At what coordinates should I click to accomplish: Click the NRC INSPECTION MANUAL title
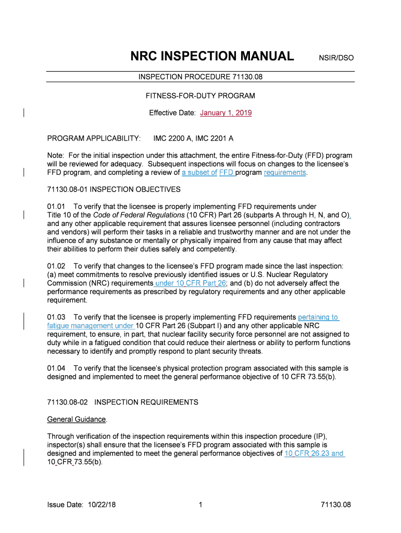pos(212,56)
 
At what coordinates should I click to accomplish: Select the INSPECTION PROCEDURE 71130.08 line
pos(200,77)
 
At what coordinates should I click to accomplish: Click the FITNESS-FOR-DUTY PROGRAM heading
pos(200,96)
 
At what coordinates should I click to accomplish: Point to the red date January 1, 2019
pos(226,113)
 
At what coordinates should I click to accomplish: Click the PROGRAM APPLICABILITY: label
pos(94,138)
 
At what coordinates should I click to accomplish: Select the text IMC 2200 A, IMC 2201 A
pos(193,138)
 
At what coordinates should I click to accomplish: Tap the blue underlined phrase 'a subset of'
pos(199,172)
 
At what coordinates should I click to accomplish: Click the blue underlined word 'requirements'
pos(285,172)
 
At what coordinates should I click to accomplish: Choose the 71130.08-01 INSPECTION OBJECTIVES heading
pos(114,189)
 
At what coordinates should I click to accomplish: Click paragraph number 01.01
pos(56,207)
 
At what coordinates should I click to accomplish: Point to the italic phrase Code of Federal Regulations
pos(139,215)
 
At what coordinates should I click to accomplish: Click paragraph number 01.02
pos(56,266)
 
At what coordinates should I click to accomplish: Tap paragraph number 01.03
pos(56,317)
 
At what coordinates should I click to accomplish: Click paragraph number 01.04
pos(56,368)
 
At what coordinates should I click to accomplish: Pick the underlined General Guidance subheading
pos(77,419)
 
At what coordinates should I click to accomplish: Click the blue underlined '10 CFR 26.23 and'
pos(314,453)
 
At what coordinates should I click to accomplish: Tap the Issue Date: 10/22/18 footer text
pos(81,505)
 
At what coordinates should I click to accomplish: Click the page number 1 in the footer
pos(200,505)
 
